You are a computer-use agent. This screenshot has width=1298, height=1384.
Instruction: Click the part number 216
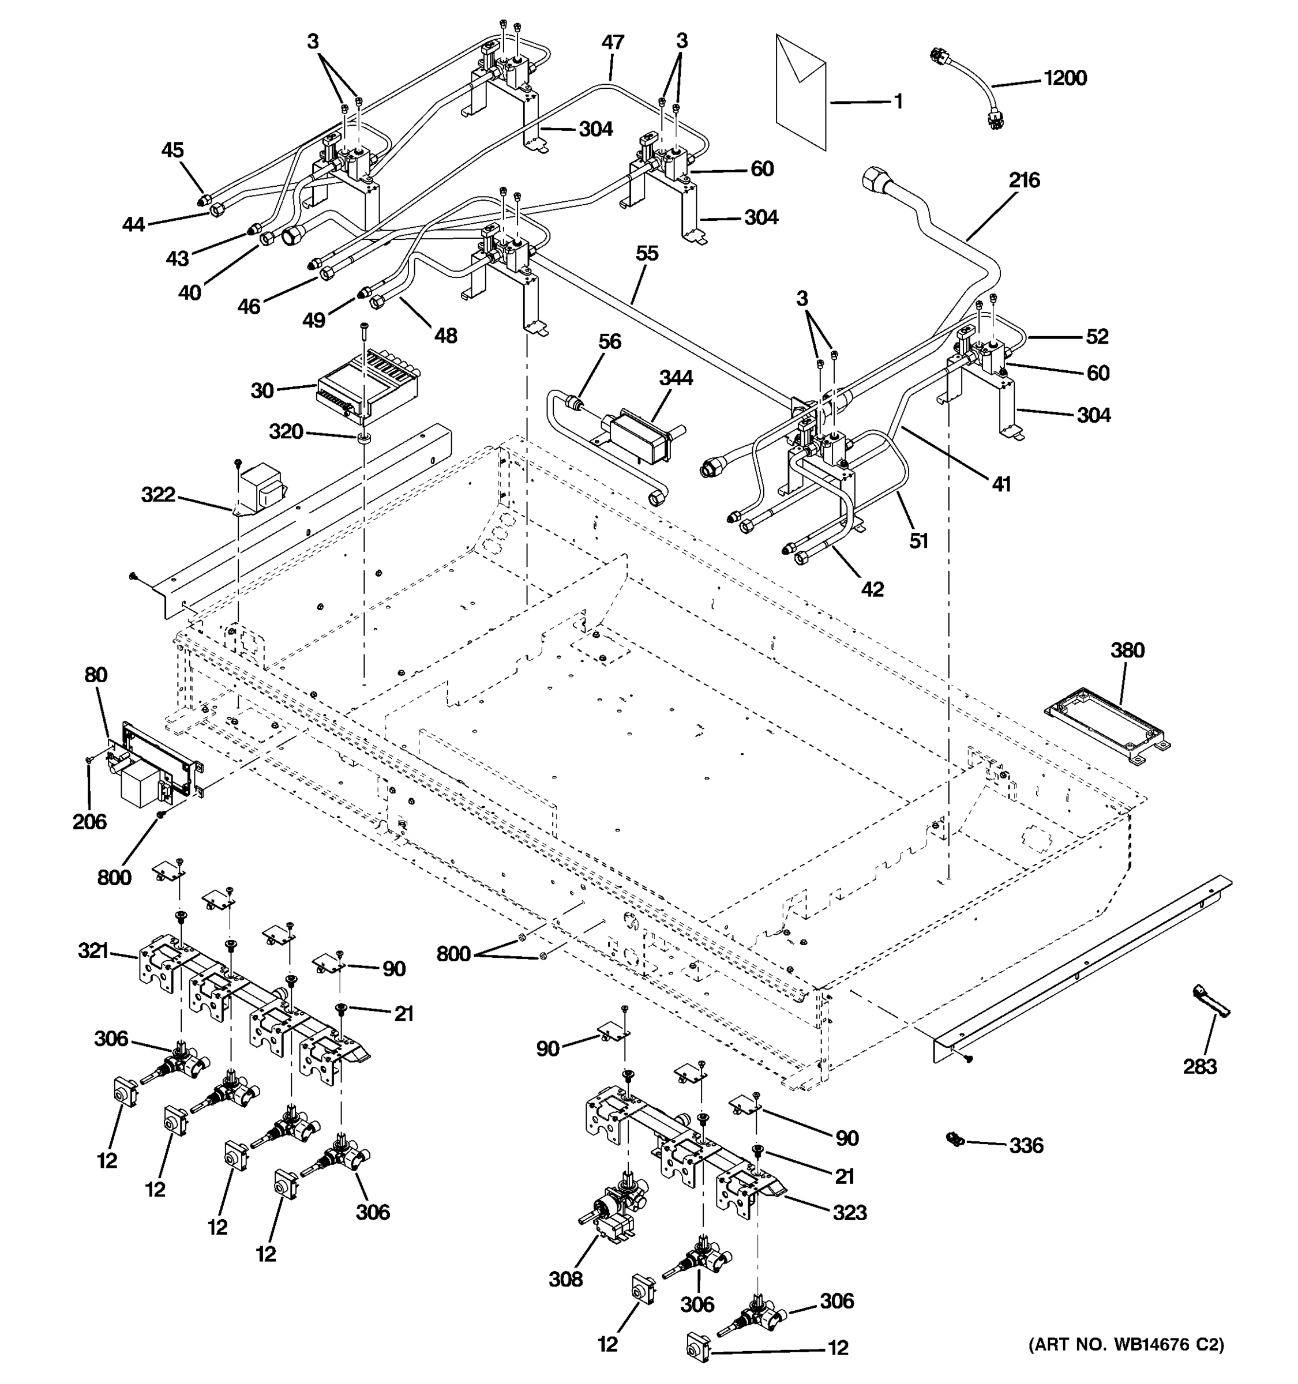[x=1023, y=180]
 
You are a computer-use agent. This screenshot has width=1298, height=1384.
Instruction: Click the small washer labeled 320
[x=363, y=438]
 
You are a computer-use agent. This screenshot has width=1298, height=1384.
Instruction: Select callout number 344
[x=676, y=378]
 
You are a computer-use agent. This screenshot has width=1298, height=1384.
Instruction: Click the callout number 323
[x=850, y=1213]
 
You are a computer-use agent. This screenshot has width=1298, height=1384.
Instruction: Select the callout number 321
[x=93, y=950]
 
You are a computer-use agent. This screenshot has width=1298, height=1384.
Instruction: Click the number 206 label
[x=89, y=822]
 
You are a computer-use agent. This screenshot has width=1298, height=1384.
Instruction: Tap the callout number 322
[x=158, y=495]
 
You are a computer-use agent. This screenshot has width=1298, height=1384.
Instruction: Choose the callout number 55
[x=647, y=253]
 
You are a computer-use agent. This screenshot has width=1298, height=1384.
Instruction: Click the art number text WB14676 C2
[x=1126, y=1344]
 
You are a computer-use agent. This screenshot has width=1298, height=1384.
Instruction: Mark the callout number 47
[x=613, y=43]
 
